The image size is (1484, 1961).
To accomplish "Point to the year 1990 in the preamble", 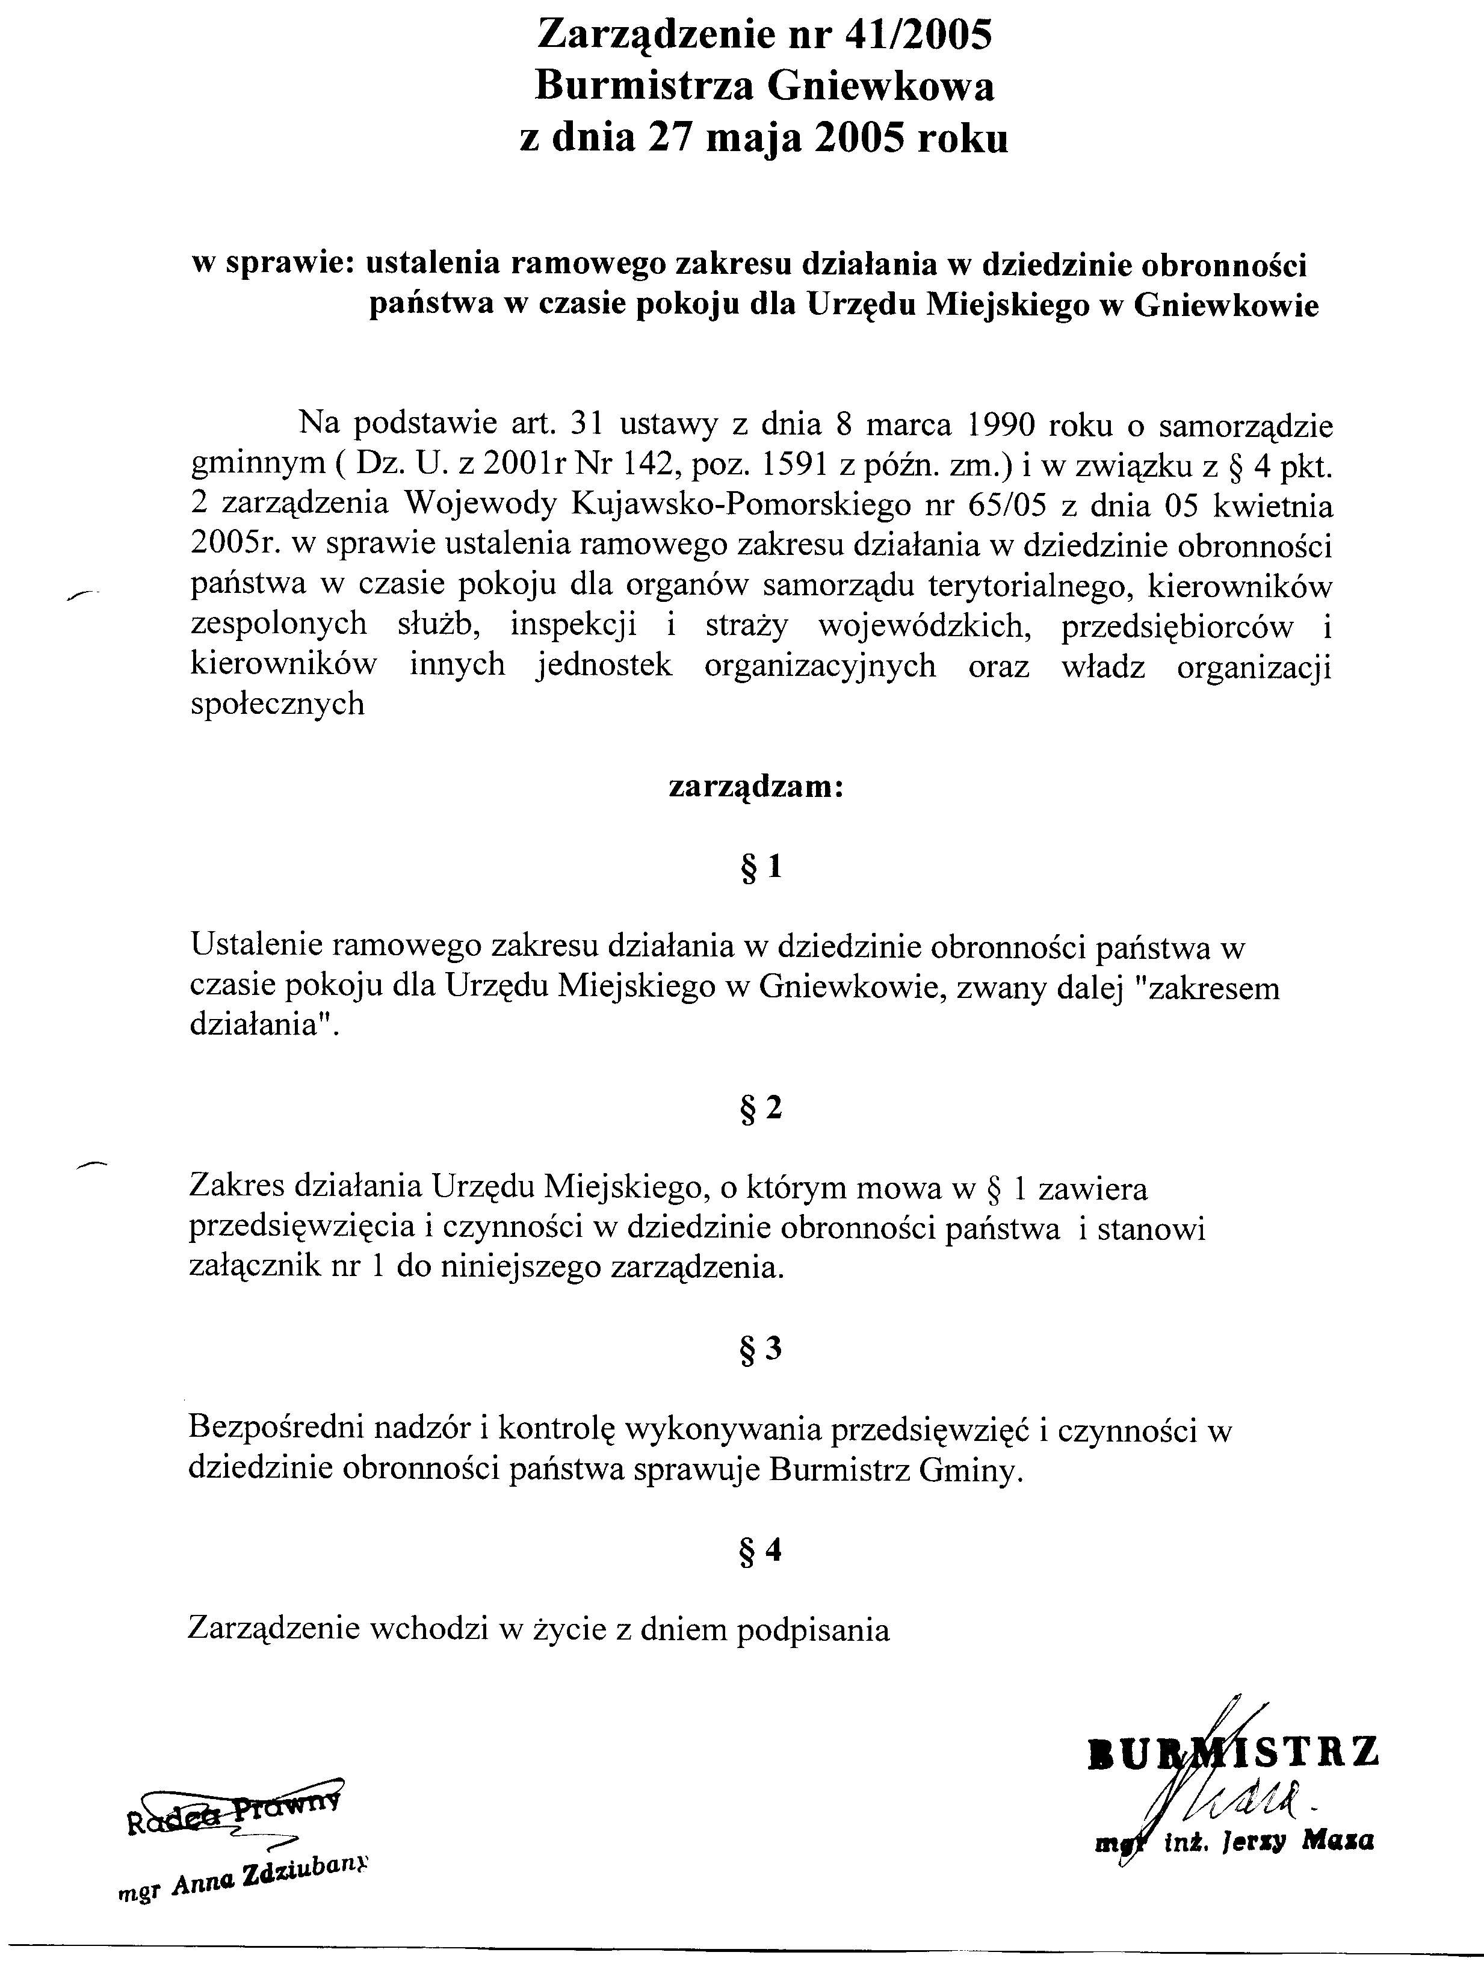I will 999,426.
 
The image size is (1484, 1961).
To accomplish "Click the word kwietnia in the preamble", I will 1271,506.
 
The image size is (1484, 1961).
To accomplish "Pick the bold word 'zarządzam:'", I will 755,787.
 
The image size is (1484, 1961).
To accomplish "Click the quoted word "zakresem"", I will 1213,988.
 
